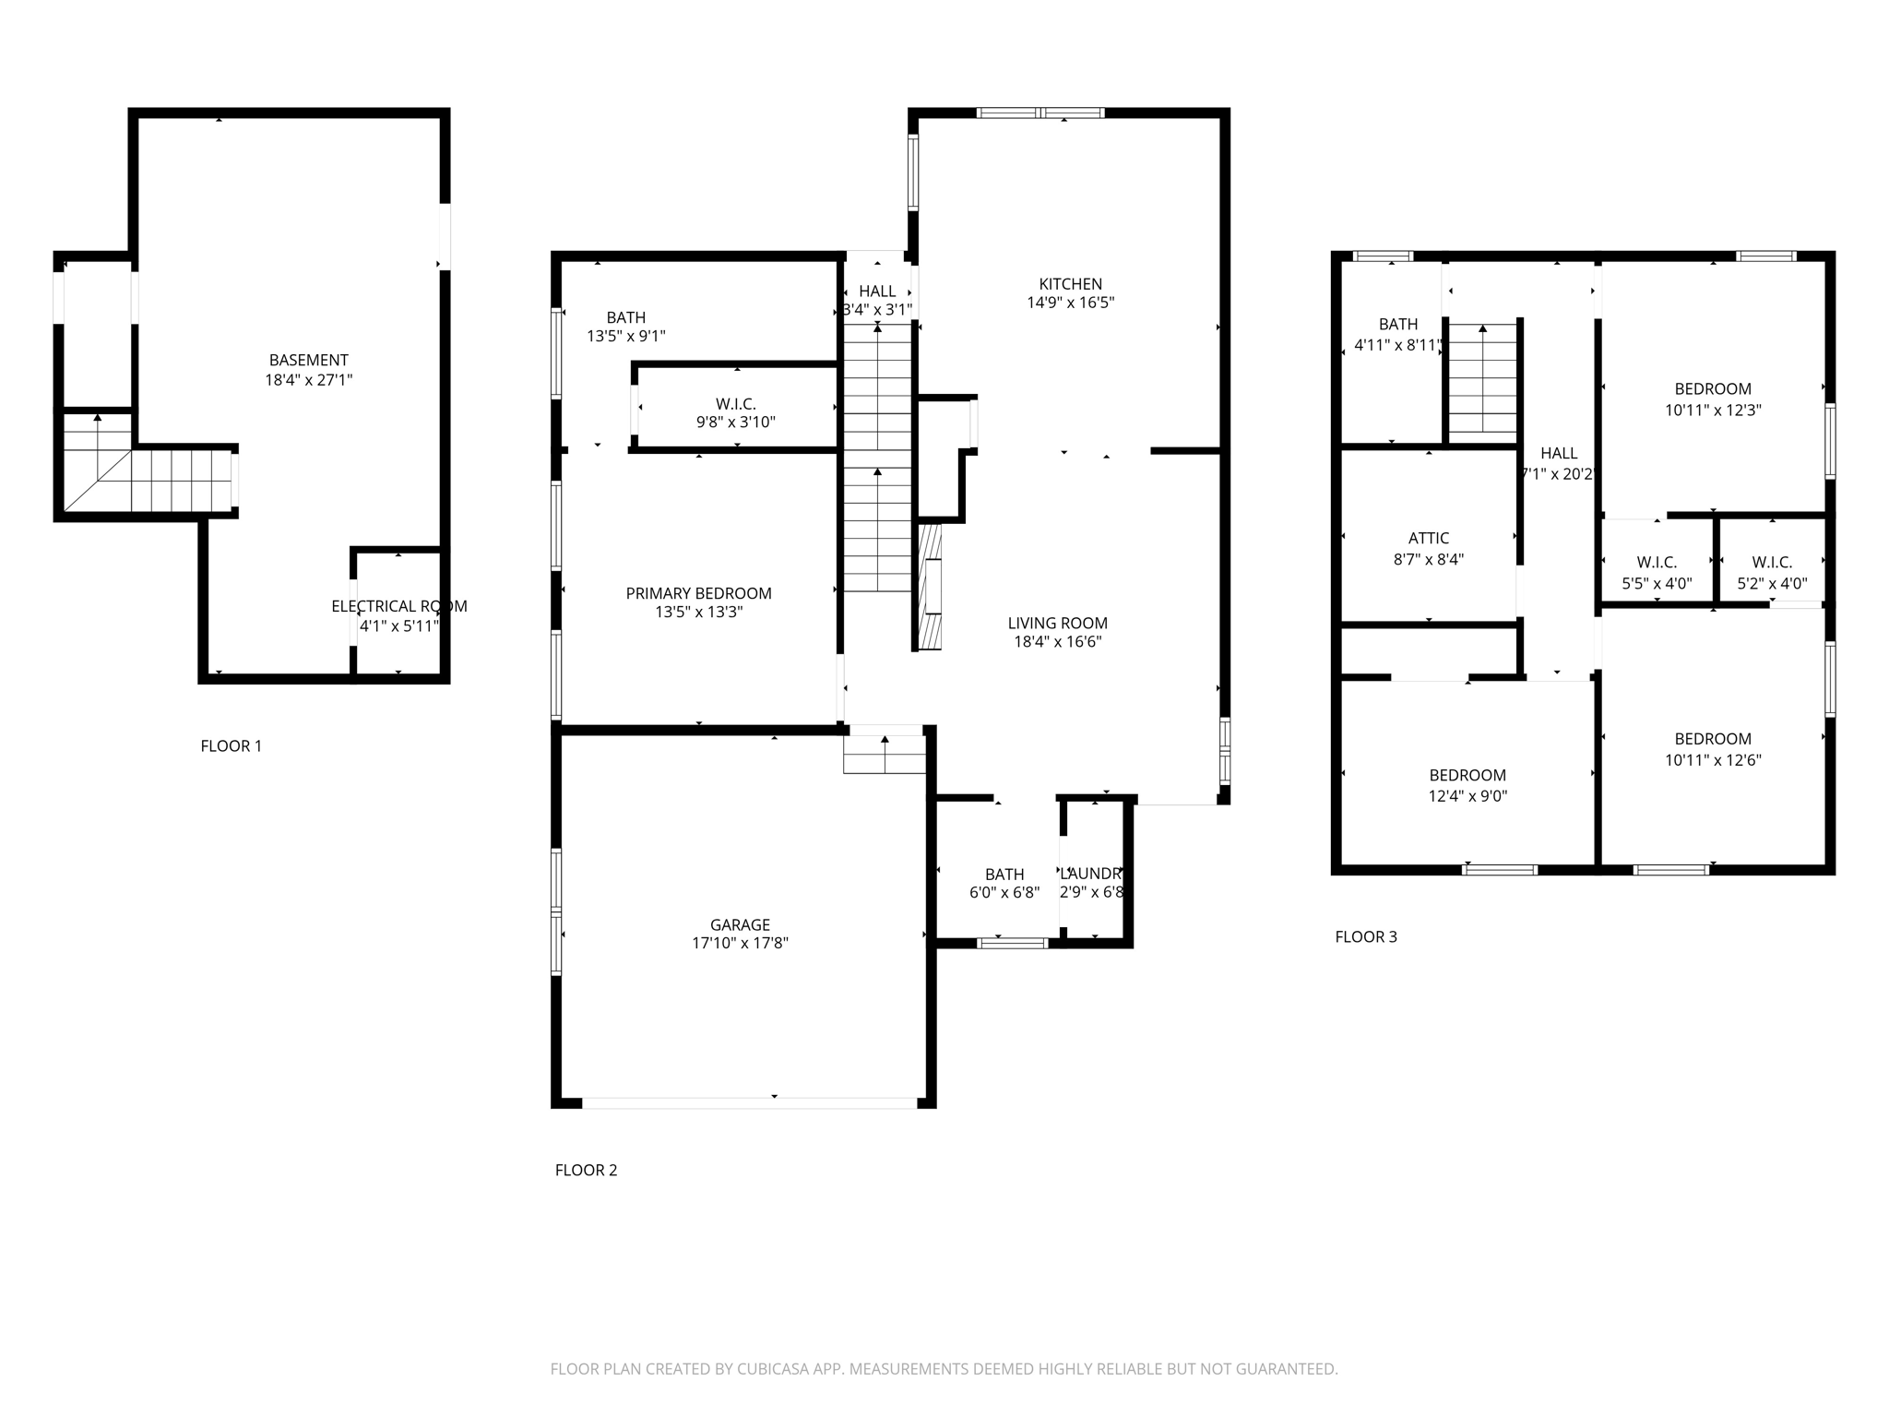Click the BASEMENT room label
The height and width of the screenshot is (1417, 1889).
pyautogui.click(x=308, y=360)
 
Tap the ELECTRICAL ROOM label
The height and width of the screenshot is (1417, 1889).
pyautogui.click(x=398, y=606)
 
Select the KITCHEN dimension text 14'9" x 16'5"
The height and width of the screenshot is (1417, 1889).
pyautogui.click(x=1070, y=303)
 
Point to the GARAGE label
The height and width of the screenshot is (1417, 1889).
pyautogui.click(x=740, y=924)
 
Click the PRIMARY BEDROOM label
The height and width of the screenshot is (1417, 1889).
pyautogui.click(x=698, y=593)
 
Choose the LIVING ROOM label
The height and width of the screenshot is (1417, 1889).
pyautogui.click(x=1057, y=624)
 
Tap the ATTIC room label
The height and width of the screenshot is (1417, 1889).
pyautogui.click(x=1428, y=538)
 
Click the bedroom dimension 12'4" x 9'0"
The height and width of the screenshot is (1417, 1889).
pyautogui.click(x=1467, y=796)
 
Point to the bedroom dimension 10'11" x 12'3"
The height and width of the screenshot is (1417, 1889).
pyautogui.click(x=1712, y=411)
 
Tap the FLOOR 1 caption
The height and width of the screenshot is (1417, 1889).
pyautogui.click(x=231, y=745)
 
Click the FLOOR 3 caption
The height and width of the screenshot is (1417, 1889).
pyautogui.click(x=1365, y=936)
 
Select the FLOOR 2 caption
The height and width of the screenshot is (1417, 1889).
pyautogui.click(x=586, y=1170)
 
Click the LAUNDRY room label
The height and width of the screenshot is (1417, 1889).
pyautogui.click(x=1090, y=874)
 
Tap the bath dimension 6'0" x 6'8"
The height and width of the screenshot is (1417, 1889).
pyautogui.click(x=1004, y=893)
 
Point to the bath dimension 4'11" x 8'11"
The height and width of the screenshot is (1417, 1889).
pyautogui.click(x=1397, y=346)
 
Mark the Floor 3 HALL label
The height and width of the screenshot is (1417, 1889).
pyautogui.click(x=1558, y=453)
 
